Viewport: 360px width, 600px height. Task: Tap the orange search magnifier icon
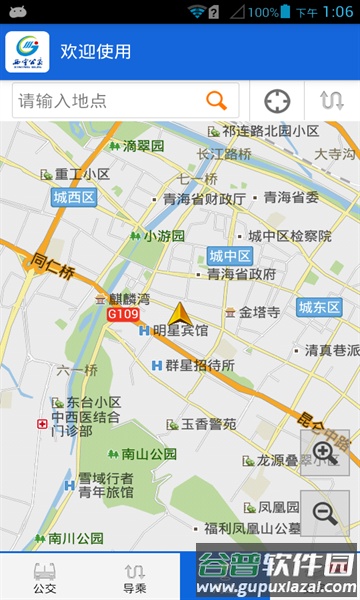pos(216,100)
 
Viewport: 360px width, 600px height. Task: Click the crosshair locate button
pos(277,101)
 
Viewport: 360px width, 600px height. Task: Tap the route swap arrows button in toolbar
pos(331,101)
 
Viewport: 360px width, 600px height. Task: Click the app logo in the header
pos(27,52)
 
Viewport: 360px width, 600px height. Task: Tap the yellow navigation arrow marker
pos(180,315)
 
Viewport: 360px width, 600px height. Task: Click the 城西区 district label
pos(74,198)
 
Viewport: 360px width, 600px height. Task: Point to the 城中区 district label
pos(229,255)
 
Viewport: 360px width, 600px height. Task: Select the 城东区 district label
pos(320,307)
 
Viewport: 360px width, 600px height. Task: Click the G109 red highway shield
pos(122,314)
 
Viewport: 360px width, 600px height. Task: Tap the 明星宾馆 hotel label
pos(180,331)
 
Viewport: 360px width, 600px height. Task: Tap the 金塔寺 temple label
pos(259,312)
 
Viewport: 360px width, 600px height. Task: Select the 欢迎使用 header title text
pos(96,52)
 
